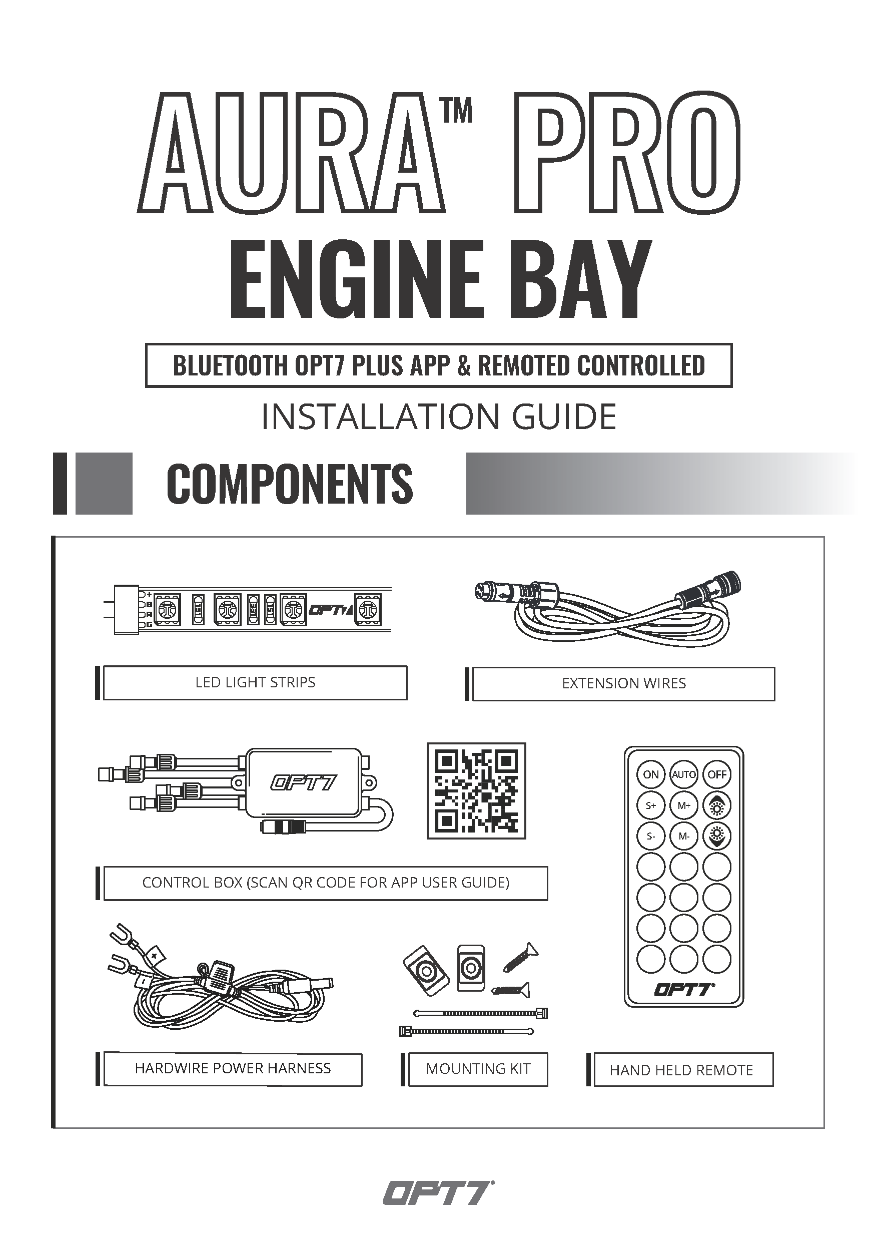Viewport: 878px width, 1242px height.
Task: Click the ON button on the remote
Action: click(x=651, y=774)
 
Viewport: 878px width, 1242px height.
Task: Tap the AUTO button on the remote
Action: click(x=684, y=774)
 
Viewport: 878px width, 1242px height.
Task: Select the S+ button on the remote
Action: click(x=651, y=805)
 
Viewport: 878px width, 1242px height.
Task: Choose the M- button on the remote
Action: click(x=684, y=837)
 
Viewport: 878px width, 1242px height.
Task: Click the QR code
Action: click(x=476, y=791)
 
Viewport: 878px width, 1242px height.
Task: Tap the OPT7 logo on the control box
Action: click(x=303, y=783)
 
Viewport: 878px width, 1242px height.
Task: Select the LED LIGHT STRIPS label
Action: click(x=255, y=682)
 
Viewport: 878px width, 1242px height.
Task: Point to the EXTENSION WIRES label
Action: click(x=624, y=684)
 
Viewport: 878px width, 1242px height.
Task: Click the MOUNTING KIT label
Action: click(x=478, y=1069)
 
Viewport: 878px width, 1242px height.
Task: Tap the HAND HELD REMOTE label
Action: click(x=681, y=1070)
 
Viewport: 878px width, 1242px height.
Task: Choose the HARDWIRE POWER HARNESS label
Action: click(x=233, y=1068)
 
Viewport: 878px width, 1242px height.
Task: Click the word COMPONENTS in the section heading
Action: click(x=290, y=483)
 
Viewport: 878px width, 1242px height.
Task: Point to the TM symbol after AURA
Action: click(x=457, y=111)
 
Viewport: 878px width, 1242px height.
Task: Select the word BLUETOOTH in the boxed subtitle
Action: click(x=231, y=365)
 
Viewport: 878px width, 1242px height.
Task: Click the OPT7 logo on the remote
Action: click(x=684, y=989)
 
